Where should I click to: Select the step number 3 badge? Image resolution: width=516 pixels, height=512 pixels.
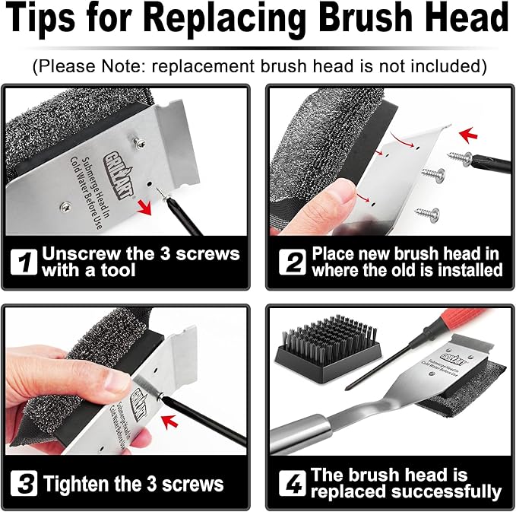[x=24, y=482]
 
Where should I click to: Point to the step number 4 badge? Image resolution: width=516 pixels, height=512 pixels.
[x=292, y=482]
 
